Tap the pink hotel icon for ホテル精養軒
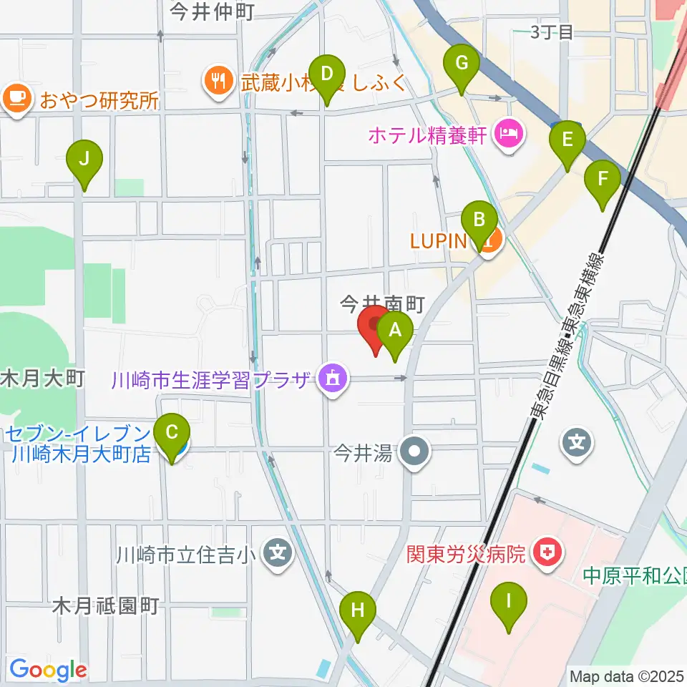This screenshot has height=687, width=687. [x=510, y=132]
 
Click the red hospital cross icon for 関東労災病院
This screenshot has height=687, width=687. [x=550, y=552]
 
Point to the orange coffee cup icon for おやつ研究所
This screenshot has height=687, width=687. [x=17, y=97]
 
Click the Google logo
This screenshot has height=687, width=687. [x=48, y=670]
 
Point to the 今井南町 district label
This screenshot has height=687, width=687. [x=382, y=304]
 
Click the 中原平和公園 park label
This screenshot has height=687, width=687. [x=634, y=575]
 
